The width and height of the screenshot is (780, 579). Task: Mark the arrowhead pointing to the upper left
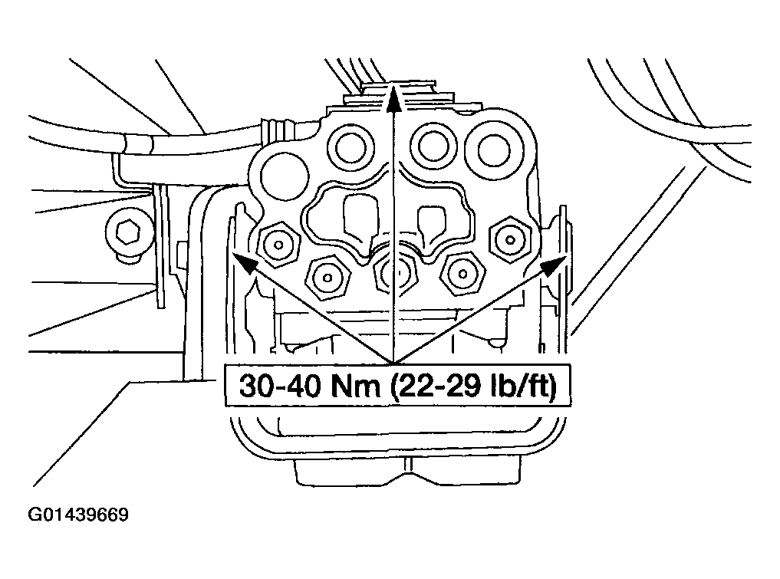[243, 263]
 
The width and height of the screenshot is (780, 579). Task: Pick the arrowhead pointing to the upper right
[551, 265]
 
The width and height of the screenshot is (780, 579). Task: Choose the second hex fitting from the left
[327, 275]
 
